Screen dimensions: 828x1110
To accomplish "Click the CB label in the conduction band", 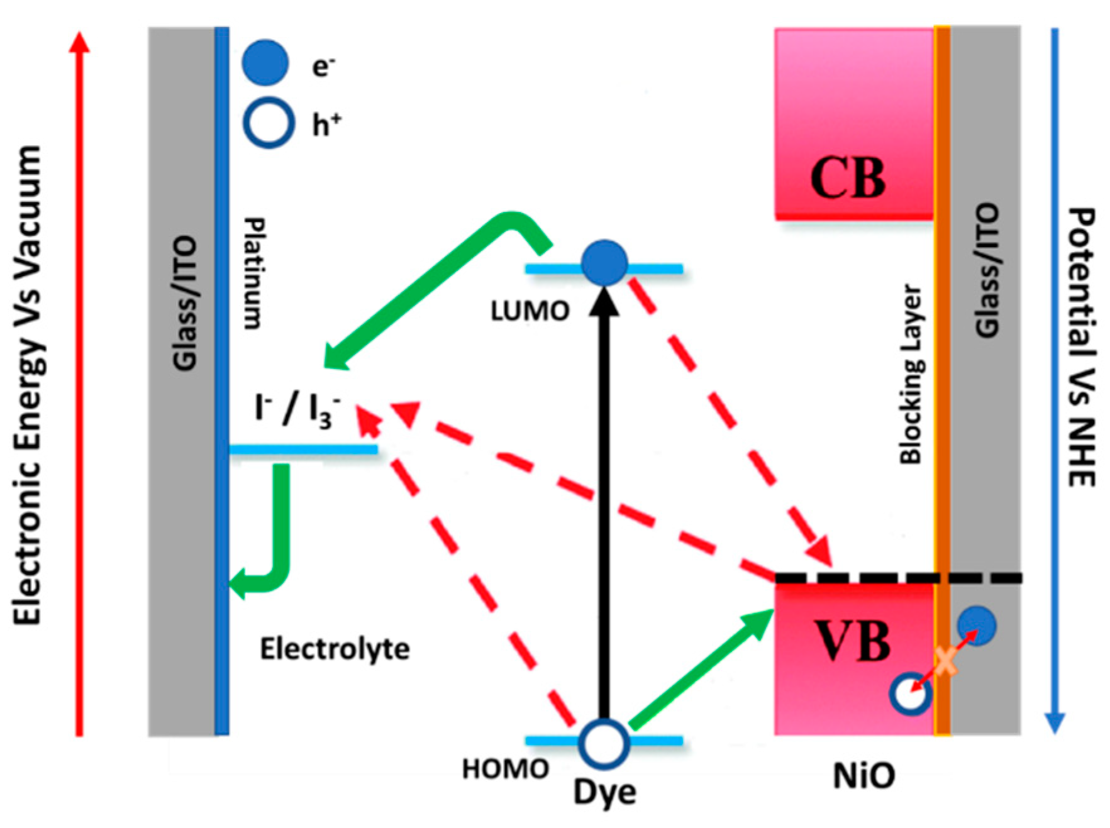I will click(847, 178).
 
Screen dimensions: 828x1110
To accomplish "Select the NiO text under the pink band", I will click(863, 776).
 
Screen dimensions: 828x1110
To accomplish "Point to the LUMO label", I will click(530, 311).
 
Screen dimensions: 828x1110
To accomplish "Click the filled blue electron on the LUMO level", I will click(604, 263).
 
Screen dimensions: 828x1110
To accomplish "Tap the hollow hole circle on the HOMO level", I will click(604, 744).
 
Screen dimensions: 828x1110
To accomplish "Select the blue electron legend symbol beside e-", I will click(265, 63).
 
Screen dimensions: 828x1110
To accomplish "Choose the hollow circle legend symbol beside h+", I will click(269, 124).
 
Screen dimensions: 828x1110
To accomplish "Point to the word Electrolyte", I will click(335, 649).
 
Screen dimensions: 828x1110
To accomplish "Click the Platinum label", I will click(253, 273).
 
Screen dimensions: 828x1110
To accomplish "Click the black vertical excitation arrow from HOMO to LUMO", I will click(604, 503).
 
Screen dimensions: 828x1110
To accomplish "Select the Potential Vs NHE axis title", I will click(1082, 346).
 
